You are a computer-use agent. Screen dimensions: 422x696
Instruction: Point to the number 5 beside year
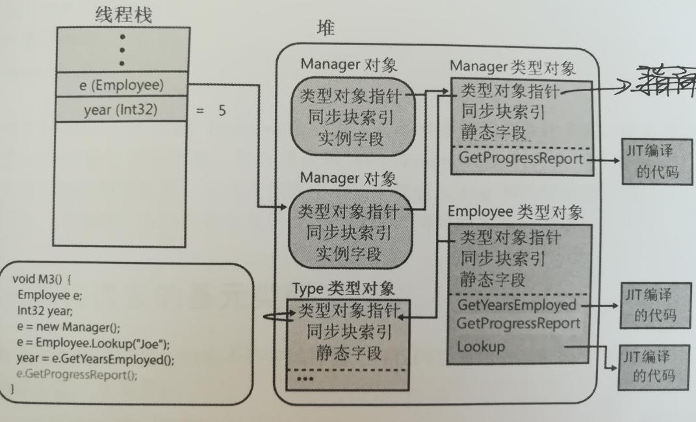point(222,111)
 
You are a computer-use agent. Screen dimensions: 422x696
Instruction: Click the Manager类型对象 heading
point(512,67)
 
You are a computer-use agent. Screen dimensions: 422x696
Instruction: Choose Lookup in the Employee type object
point(481,347)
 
